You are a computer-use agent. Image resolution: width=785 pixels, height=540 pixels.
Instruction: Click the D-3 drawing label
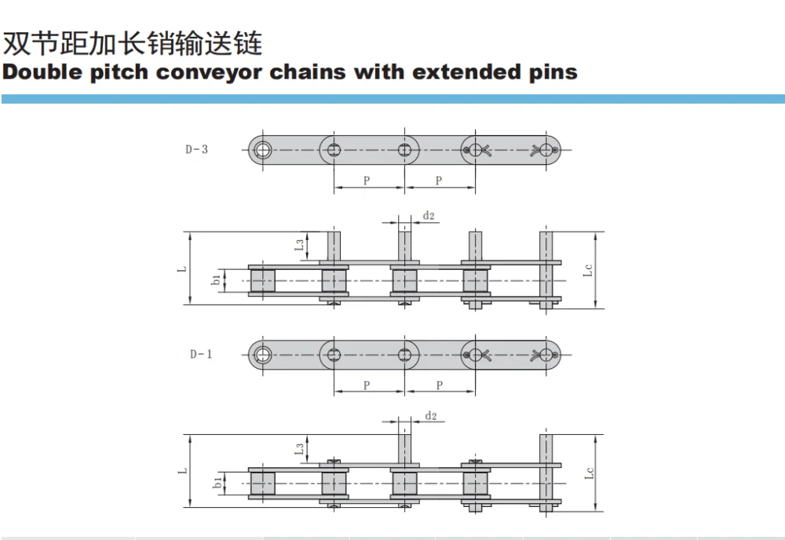[x=197, y=149]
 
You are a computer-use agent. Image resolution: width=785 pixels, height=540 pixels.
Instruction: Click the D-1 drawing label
[x=200, y=354]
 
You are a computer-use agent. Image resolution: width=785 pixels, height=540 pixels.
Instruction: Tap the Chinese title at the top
[x=133, y=42]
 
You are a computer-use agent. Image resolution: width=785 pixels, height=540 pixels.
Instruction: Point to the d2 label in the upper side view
[x=429, y=215]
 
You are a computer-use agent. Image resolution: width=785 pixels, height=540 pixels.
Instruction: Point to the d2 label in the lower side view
[x=430, y=415]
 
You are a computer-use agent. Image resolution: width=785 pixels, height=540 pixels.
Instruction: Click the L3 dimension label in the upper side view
[x=300, y=246]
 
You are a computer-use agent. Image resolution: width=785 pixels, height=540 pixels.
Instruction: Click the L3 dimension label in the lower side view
[x=300, y=449]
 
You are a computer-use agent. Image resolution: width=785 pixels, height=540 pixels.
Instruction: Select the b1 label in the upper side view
[x=217, y=280]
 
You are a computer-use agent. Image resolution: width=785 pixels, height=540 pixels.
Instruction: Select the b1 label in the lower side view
[x=217, y=483]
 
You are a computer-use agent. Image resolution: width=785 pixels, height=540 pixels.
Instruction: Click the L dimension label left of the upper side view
[x=181, y=268]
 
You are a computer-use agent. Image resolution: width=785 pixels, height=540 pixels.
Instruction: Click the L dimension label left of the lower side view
[x=181, y=471]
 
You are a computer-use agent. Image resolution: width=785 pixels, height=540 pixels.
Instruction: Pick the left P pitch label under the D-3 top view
[x=367, y=181]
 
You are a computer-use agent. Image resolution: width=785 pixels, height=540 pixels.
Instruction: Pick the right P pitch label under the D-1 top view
[x=439, y=385]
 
